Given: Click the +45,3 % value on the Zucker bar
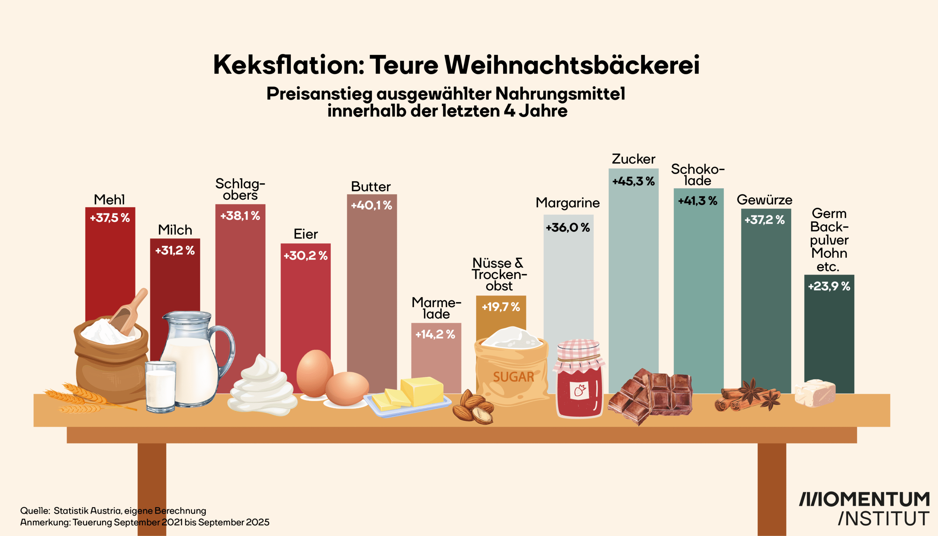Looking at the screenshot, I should (633, 181).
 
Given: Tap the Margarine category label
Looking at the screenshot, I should (568, 203).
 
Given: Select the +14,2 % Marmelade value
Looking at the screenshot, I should (435, 334).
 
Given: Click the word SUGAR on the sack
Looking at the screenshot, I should (513, 377).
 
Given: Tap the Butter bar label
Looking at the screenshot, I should (371, 187).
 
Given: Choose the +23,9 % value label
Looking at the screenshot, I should (829, 286).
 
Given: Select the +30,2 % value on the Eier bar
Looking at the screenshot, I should (306, 256).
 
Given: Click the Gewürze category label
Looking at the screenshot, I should (764, 200).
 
